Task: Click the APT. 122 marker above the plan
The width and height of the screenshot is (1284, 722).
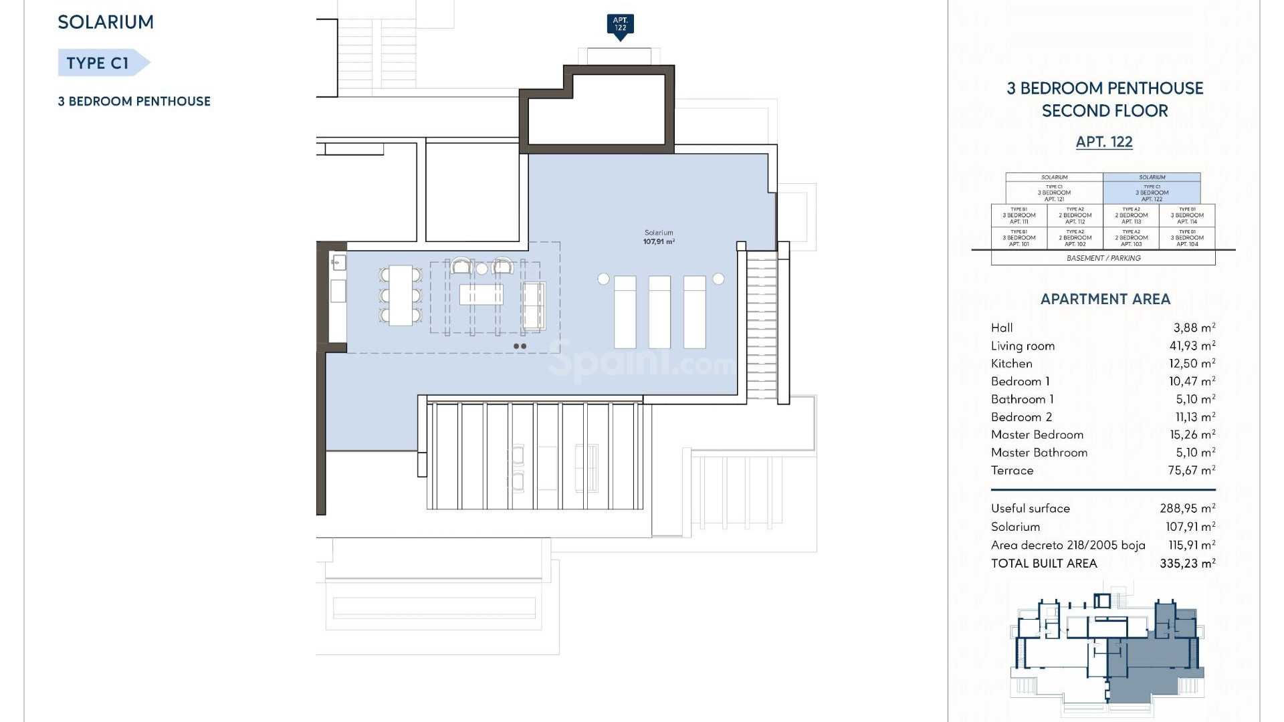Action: pos(620,25)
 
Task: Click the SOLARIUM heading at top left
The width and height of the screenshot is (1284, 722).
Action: pos(106,22)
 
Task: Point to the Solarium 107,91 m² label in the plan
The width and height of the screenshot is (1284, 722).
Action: pos(659,237)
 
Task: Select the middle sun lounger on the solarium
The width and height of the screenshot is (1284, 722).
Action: pos(659,312)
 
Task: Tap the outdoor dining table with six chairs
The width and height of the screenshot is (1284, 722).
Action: pos(401,295)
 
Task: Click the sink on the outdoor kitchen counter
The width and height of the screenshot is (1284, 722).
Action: pos(338,262)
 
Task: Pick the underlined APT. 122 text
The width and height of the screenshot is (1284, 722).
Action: pos(1104,142)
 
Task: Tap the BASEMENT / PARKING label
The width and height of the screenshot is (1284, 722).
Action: pos(1103,258)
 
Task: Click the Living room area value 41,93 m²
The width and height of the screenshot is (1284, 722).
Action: pos(1192,346)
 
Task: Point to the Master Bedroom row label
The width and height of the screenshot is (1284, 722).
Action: pos(1037,435)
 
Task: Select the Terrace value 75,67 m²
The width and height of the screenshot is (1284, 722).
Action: pos(1192,471)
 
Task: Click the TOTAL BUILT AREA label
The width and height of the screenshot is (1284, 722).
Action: pos(1044,564)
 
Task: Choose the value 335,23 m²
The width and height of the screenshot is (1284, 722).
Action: pos(1187,564)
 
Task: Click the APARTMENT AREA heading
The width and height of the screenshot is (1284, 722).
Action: pos(1105,299)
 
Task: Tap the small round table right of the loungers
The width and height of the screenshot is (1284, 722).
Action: pos(718,279)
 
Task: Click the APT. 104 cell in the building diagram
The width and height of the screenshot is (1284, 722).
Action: pos(1187,238)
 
